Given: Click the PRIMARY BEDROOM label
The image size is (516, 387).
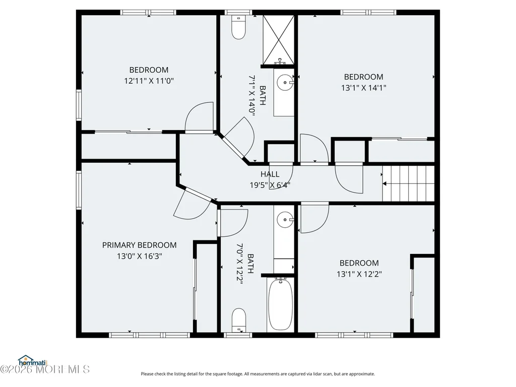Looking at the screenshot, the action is click(139, 245).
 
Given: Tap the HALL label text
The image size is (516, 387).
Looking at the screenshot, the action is click(270, 174).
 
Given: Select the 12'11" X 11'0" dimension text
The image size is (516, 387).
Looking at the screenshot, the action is click(149, 81).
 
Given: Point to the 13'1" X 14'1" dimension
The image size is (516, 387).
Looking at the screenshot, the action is click(364, 88).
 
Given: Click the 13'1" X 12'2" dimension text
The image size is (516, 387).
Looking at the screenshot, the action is click(359, 274).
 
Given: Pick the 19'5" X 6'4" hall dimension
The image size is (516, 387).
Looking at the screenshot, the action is click(270, 185).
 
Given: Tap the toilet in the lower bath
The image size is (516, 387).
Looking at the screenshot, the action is click(239, 320).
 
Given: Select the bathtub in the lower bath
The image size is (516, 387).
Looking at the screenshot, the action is click(280, 304).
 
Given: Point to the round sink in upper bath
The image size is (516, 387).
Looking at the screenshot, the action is click(284, 82).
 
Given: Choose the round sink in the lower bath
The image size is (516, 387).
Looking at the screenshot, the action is click(285, 220).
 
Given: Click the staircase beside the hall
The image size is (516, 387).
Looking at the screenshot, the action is click(408, 183).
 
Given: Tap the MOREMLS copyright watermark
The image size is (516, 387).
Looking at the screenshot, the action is click(45, 369).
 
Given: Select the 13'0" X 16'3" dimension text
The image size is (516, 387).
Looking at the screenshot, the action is click(139, 255).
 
